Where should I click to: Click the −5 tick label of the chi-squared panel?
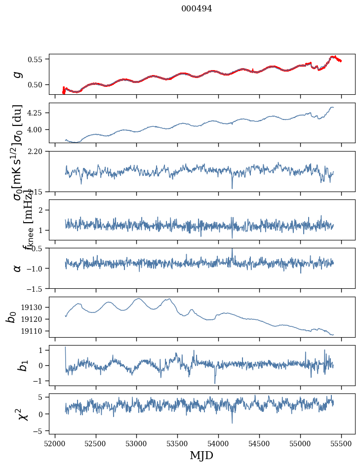[39, 431]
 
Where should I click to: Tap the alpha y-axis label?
[18, 268]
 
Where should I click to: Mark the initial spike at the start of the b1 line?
[65, 348]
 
